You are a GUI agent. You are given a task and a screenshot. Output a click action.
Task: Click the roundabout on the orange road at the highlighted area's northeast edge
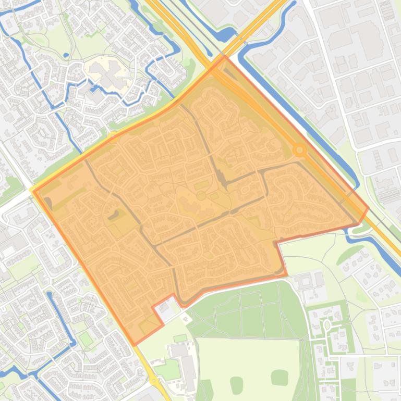tap(299, 151)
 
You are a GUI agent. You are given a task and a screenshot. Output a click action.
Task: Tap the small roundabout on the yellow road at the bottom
tap(153, 381)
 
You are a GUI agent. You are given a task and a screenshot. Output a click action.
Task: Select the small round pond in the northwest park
tap(66, 55)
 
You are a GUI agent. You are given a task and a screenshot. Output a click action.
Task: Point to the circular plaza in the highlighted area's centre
tap(201, 196)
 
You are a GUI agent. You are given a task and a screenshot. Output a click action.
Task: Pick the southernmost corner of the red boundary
tap(135, 344)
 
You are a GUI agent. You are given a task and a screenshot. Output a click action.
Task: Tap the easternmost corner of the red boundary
tap(368, 208)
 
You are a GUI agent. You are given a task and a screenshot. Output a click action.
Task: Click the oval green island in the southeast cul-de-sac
tap(327, 325)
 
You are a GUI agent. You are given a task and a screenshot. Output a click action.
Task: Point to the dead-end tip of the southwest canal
tap(50, 294)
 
